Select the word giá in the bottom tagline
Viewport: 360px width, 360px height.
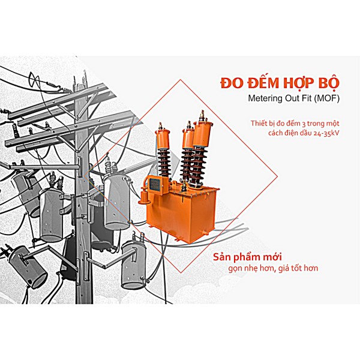point(284,268)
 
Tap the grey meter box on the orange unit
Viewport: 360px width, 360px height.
point(155,184)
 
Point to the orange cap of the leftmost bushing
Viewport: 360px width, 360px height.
point(163,139)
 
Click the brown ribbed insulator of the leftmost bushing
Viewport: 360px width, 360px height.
point(164,163)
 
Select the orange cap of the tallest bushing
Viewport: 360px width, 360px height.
point(202,134)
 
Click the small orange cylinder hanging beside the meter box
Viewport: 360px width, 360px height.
point(143,197)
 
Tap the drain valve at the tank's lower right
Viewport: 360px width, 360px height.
point(205,233)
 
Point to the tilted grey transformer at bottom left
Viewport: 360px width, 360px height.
point(28,266)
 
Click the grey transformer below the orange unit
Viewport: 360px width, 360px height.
point(134,264)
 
